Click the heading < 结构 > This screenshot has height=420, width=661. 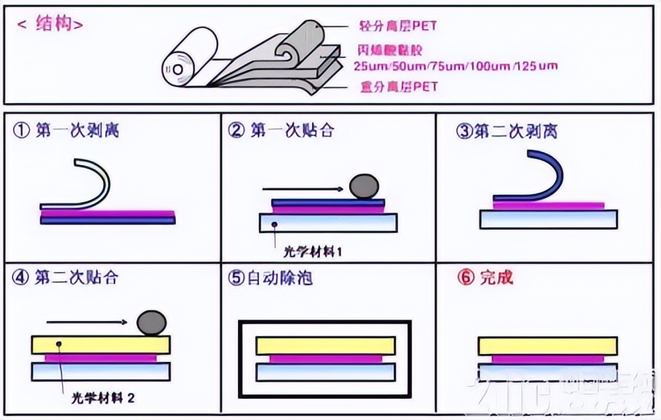50,25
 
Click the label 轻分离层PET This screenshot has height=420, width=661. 399,27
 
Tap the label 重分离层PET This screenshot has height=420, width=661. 399,87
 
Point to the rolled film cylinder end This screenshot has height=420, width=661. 178,69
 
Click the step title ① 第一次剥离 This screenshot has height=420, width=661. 66,130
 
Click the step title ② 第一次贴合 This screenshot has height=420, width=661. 281,130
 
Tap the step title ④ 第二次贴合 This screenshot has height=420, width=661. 65,277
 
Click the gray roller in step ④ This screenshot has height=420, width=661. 152,323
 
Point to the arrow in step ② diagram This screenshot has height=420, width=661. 302,190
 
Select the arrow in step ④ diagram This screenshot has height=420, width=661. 86,322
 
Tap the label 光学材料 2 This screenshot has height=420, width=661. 103,398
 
